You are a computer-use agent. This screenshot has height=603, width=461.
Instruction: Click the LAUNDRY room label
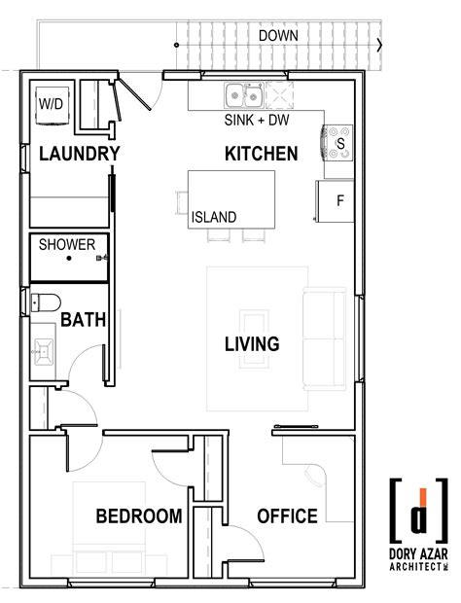pyautogui.click(x=79, y=154)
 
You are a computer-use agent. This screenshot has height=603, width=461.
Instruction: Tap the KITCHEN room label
pyautogui.click(x=261, y=154)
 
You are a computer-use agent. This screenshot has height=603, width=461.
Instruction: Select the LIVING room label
pyautogui.click(x=252, y=343)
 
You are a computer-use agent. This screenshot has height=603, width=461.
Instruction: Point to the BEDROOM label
pyautogui.click(x=138, y=515)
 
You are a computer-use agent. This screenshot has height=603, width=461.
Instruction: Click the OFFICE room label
pyautogui.click(x=287, y=515)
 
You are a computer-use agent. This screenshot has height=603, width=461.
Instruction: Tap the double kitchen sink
pyautogui.click(x=242, y=96)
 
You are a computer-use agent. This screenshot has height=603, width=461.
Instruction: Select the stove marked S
pyautogui.click(x=338, y=142)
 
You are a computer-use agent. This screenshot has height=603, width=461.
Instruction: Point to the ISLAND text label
pyautogui.click(x=213, y=217)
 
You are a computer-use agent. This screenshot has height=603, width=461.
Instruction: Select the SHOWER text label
pyautogui.click(x=66, y=245)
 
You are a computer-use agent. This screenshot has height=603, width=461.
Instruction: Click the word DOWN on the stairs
pyautogui.click(x=278, y=36)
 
